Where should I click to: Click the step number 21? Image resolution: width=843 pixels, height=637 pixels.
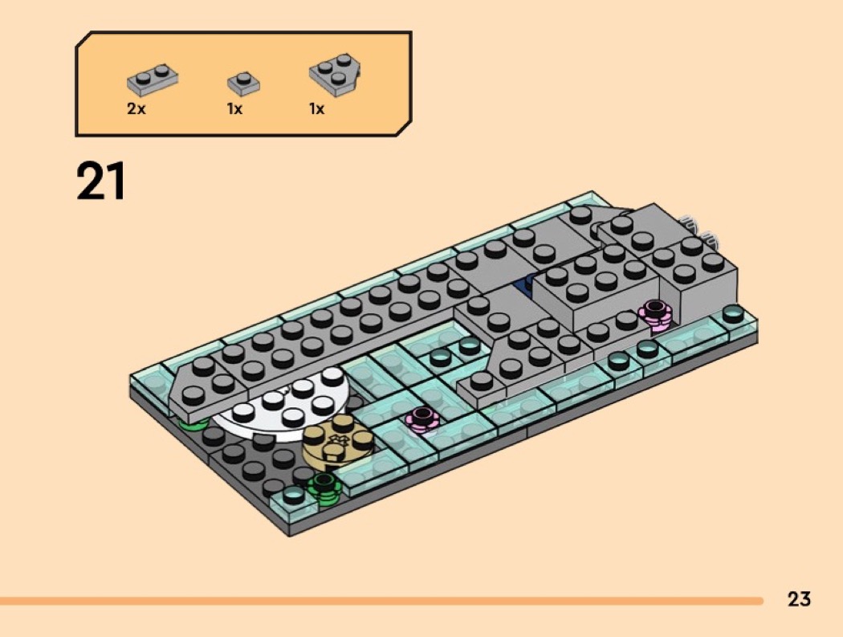101,182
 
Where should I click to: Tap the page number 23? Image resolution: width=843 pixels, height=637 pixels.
799,598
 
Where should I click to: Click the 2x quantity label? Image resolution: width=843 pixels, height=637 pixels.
136,109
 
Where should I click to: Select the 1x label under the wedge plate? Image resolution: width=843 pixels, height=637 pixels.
317,109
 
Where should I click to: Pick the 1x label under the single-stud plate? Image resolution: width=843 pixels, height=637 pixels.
234,109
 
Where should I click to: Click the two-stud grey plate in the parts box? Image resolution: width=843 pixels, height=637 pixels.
153,80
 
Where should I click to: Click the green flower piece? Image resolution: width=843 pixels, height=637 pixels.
324,484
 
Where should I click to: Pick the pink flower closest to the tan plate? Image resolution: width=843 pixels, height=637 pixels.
421,418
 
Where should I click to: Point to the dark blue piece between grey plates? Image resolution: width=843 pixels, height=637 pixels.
528,284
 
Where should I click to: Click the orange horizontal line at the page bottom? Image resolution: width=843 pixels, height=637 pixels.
381,600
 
